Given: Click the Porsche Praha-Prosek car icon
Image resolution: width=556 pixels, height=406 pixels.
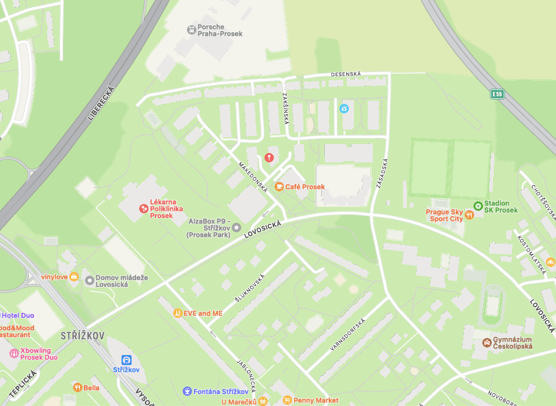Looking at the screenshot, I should [x=191, y=30].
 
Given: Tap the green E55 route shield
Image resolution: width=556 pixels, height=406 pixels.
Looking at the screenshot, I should [x=497, y=94].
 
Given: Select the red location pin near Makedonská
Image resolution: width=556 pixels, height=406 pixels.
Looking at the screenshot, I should [x=269, y=157].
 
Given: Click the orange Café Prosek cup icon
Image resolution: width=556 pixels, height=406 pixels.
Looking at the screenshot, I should [x=279, y=186].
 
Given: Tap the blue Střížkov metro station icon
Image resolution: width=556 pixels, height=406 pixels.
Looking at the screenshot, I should [x=126, y=360].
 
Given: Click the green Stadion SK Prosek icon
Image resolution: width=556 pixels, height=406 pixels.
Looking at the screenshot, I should [x=478, y=205].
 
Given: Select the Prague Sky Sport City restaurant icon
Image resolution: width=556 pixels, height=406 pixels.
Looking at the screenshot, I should [x=469, y=215].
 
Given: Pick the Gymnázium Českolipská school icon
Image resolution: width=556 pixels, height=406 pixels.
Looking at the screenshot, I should [x=486, y=342].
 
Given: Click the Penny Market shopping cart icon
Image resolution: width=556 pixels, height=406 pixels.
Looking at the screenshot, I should [x=287, y=400].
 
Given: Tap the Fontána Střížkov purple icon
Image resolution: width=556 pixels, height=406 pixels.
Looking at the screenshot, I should [x=186, y=391].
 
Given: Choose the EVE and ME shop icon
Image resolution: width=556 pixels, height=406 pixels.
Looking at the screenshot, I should [x=178, y=313].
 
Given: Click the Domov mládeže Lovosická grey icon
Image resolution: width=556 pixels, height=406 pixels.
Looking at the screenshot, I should [x=89, y=280].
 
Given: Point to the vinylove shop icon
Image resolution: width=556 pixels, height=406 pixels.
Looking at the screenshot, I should [x=74, y=276].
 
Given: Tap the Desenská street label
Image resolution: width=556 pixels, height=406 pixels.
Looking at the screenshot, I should [x=346, y=74].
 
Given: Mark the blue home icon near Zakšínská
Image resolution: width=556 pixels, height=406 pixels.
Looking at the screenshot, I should [x=344, y=108].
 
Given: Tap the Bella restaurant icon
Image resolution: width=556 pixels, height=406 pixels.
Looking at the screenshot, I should [x=77, y=387].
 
